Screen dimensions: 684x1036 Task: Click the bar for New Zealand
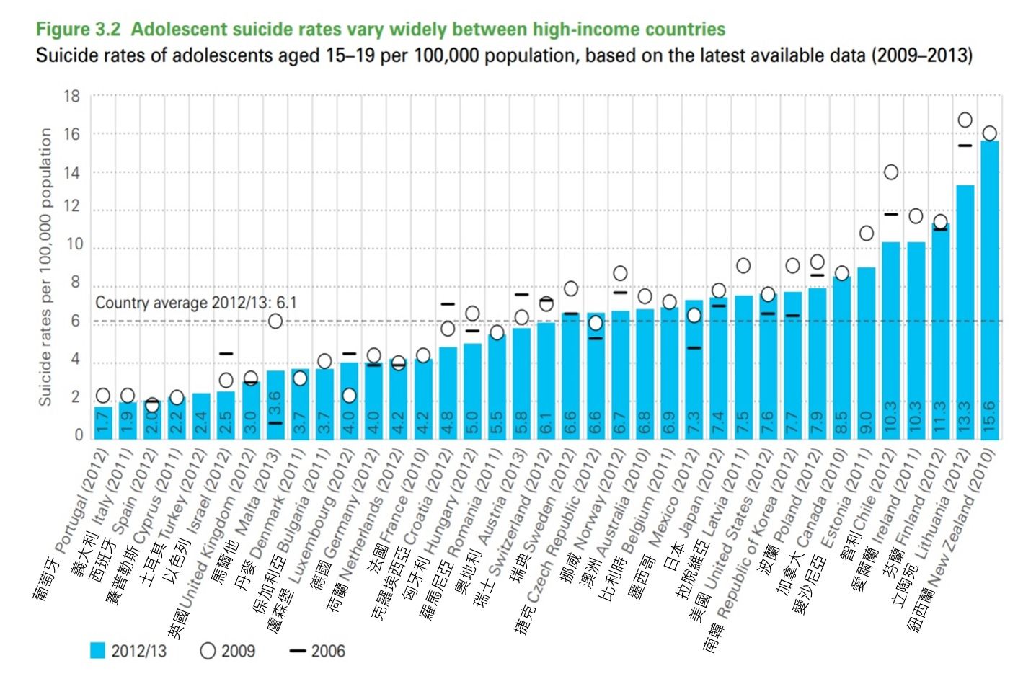(989, 288)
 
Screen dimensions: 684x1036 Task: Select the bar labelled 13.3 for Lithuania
(965, 310)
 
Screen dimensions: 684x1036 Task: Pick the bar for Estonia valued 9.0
(867, 353)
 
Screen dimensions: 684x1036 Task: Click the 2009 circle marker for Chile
(891, 172)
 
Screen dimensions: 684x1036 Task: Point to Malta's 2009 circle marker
(275, 321)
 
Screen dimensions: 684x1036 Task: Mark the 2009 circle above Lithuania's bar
(965, 120)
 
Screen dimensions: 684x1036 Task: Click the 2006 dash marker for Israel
(226, 354)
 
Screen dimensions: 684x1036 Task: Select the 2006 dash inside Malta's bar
(275, 423)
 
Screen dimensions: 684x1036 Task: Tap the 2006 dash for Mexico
(694, 348)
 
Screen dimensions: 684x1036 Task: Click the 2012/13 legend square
(97, 651)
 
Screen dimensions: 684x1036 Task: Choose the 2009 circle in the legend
(208, 651)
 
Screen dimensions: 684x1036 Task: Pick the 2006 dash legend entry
(298, 651)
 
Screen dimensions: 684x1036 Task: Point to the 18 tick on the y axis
(71, 96)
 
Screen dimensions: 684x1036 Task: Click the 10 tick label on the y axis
(74, 245)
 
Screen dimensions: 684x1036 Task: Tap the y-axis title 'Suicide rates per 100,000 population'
(45, 267)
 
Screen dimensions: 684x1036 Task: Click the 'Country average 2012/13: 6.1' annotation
(195, 303)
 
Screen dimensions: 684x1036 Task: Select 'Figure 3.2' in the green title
(79, 30)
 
